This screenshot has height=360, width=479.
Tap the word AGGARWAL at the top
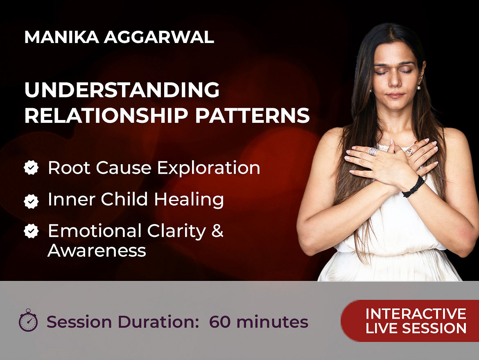(159, 37)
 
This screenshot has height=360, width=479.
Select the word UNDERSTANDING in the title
(122, 90)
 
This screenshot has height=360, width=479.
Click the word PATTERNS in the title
(252, 115)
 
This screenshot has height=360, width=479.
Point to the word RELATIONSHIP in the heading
(106, 115)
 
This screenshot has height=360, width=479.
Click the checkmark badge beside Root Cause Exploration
(31, 168)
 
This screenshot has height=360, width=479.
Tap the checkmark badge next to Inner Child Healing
(31, 201)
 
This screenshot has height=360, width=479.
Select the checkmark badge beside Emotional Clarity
(31, 231)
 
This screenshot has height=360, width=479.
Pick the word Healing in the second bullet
(189, 199)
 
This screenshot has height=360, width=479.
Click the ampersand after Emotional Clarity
(217, 231)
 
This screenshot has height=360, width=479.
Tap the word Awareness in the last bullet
(97, 251)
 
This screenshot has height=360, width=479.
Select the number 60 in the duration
(220, 322)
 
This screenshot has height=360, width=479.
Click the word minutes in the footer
(272, 322)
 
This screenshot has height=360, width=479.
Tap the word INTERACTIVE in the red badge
(416, 314)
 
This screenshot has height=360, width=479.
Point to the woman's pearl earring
(418, 88)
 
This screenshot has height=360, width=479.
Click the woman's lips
(395, 96)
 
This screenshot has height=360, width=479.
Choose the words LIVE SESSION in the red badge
(416, 328)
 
